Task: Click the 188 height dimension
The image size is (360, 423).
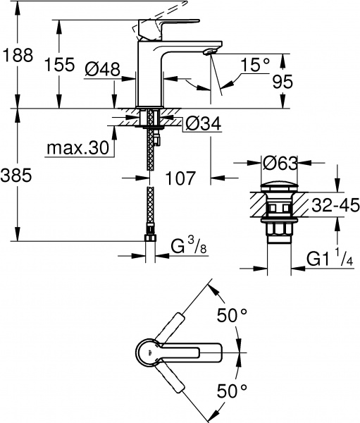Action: click(18, 56)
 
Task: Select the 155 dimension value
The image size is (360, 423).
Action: click(59, 66)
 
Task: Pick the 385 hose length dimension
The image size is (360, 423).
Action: click(18, 177)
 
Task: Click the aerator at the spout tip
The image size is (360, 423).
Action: click(209, 52)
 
